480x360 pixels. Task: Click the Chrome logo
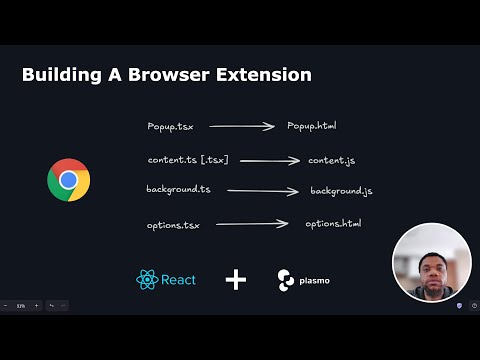click(68, 180)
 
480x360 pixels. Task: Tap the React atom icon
click(147, 279)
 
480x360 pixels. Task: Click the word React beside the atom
click(178, 279)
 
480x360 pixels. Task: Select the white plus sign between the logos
click(236, 279)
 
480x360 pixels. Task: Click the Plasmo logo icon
click(286, 279)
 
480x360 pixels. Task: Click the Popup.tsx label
click(170, 127)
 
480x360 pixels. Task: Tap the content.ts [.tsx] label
click(187, 160)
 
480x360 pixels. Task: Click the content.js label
click(332, 160)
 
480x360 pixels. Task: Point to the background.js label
click(341, 190)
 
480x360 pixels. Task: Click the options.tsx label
click(173, 226)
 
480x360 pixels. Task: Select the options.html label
click(333, 223)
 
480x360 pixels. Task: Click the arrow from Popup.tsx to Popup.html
click(242, 127)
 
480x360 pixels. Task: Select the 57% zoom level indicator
click(21, 305)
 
